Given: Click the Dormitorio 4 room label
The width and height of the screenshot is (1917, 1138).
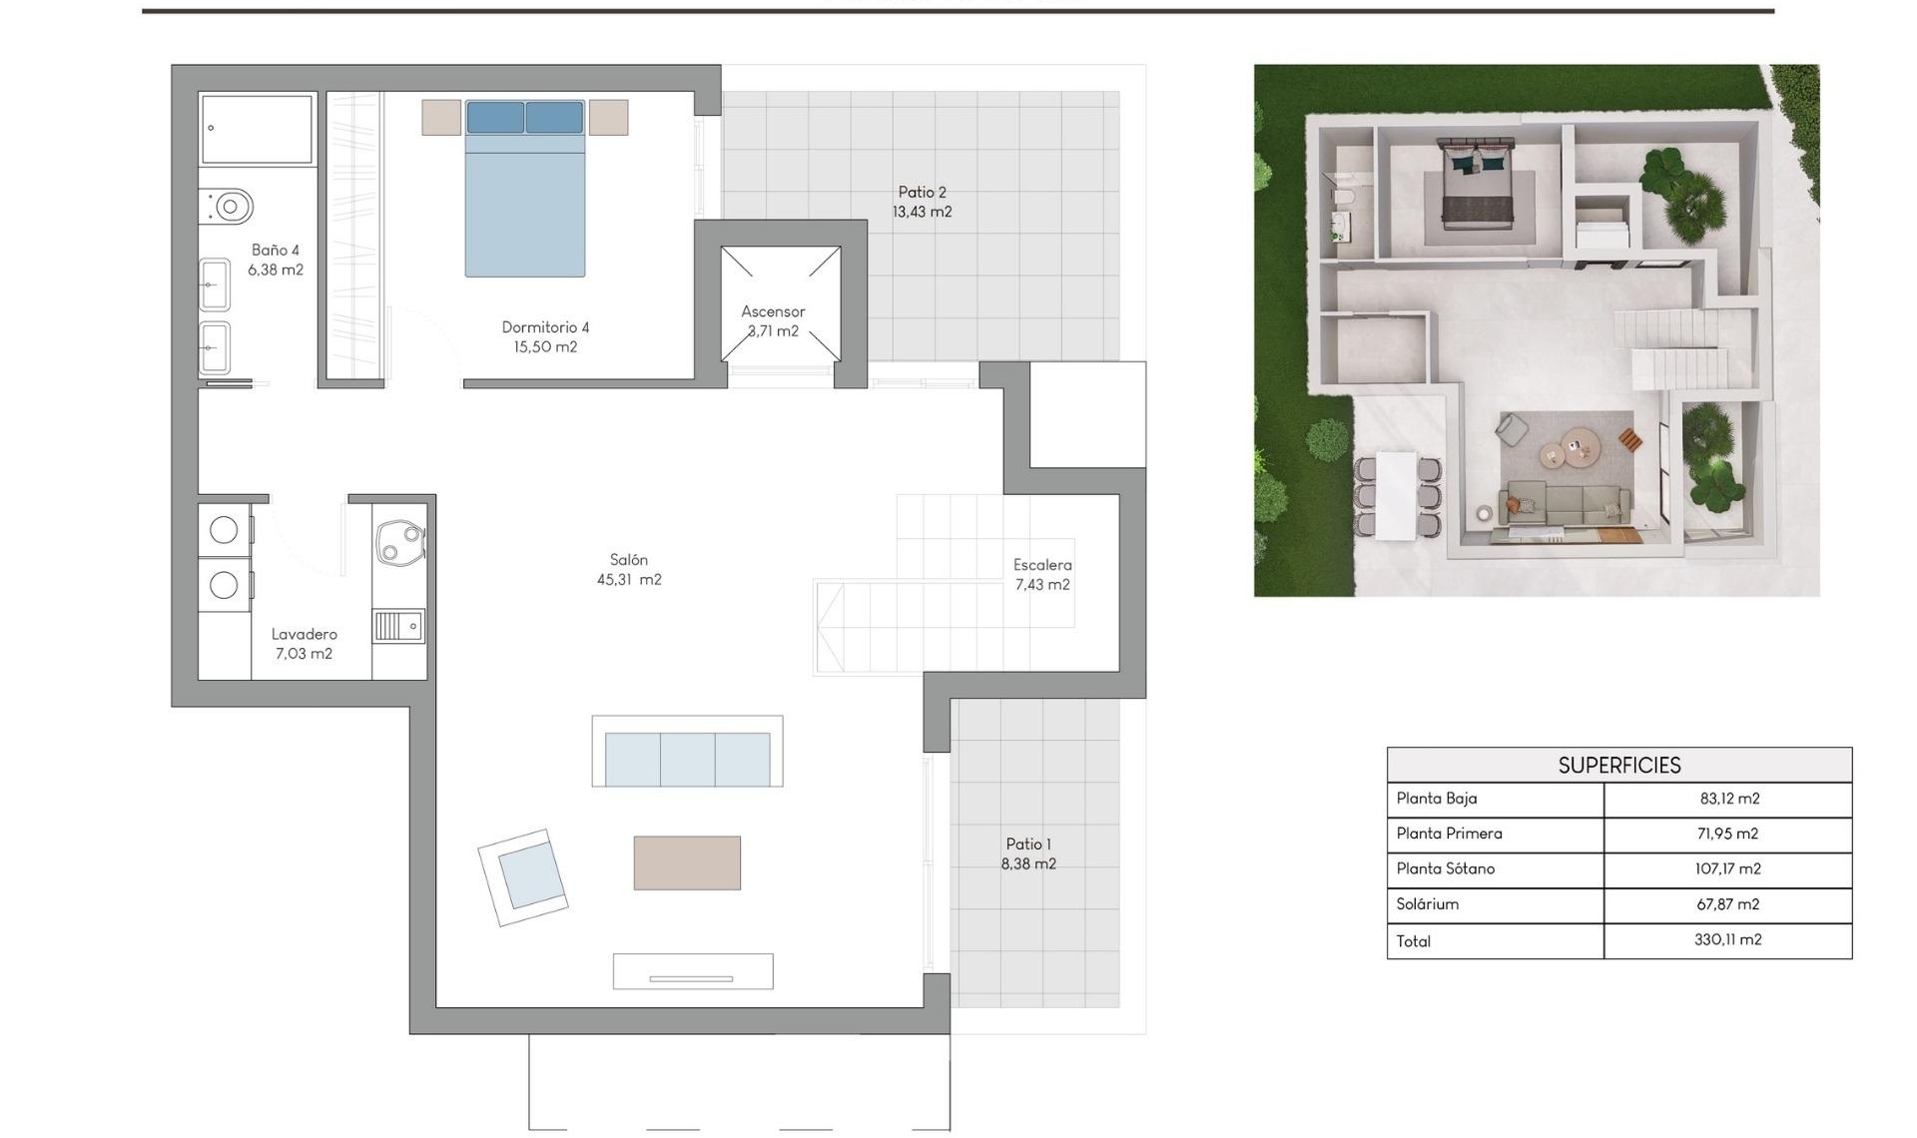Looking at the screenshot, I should click(545, 336).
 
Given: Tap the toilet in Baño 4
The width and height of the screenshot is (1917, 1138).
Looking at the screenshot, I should click(229, 207).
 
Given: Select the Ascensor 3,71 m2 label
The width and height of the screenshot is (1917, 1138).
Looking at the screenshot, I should click(773, 320).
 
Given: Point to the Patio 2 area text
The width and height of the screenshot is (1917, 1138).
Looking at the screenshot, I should click(922, 202).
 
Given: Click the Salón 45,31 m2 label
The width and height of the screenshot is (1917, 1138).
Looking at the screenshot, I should click(629, 569).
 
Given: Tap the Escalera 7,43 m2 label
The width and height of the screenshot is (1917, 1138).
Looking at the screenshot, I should click(1042, 574).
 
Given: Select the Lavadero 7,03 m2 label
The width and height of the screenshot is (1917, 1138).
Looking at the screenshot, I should click(304, 643).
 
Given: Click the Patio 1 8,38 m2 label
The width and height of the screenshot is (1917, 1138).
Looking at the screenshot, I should click(1028, 853).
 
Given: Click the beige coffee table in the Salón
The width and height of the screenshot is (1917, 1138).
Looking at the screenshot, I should click(687, 862).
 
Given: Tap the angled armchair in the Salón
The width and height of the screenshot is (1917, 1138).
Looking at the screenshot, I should click(523, 876).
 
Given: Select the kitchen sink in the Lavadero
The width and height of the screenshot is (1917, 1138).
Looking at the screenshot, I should click(399, 626).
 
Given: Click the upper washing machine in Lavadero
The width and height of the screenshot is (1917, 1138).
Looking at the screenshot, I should click(224, 530).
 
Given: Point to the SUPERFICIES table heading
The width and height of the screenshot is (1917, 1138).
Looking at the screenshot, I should click(1618, 765).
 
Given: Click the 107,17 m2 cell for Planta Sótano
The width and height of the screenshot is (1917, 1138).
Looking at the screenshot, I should click(1727, 868).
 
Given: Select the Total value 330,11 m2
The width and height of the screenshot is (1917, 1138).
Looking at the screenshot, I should click(1727, 939).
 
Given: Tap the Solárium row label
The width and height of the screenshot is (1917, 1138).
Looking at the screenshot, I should click(1428, 903).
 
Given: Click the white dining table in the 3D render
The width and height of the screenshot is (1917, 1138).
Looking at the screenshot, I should click(1396, 495).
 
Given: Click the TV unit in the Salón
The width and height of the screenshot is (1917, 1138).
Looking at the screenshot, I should click(692, 971).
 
